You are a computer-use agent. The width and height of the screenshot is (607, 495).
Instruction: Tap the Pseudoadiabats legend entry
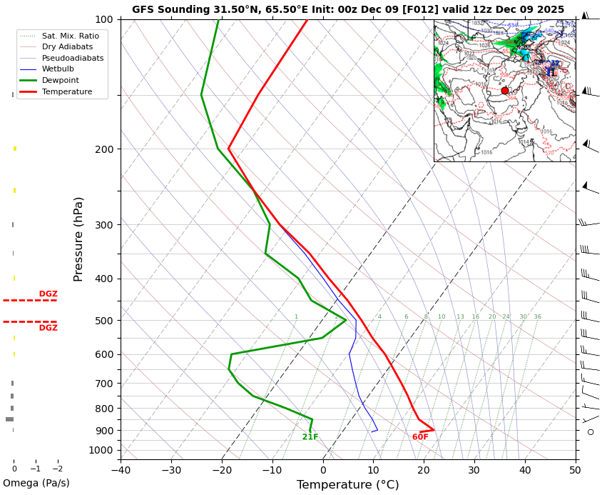coord(62,58)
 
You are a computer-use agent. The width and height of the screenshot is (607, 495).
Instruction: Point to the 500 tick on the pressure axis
coord(104,321)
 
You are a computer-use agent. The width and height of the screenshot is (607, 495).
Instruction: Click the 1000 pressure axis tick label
coord(101,450)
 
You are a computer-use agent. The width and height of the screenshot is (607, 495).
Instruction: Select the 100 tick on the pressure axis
coord(104,19)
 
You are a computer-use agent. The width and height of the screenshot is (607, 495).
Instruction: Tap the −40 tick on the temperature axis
coord(121,470)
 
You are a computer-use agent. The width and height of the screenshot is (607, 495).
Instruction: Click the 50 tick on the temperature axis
coord(575,470)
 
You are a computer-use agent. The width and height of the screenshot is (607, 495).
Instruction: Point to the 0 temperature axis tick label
coord(322,470)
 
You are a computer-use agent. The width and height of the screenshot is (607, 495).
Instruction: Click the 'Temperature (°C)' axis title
coord(347,485)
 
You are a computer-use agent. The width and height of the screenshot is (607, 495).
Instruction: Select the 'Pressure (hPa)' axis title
coord(78,239)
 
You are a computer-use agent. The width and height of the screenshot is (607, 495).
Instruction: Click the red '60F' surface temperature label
coord(420,437)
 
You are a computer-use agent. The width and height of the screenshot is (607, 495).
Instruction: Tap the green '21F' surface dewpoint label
coord(310,437)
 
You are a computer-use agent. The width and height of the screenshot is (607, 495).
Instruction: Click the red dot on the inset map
coord(505,91)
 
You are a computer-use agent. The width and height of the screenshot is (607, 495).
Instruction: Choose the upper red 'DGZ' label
coord(49,294)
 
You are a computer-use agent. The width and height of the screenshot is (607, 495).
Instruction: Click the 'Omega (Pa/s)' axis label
coord(36,484)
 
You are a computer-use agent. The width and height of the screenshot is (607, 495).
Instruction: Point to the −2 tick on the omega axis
coord(58,469)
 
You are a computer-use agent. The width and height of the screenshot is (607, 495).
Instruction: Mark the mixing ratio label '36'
coord(537,317)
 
